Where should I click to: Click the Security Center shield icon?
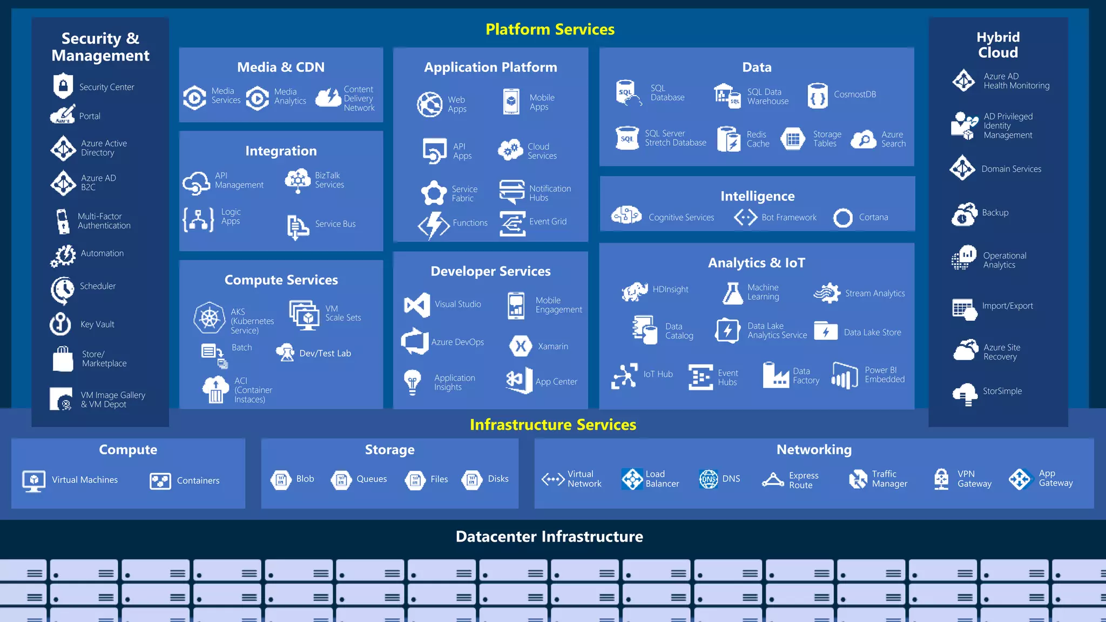[x=63, y=86]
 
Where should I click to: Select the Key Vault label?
[x=97, y=324]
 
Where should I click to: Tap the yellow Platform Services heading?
[x=550, y=29]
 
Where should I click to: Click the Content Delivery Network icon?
[x=328, y=98]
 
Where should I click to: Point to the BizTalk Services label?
[x=329, y=180]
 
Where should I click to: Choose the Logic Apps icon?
[x=198, y=219]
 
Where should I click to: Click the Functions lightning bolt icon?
[x=433, y=224]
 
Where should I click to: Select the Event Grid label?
[x=548, y=221]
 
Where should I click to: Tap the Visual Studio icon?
[x=417, y=305]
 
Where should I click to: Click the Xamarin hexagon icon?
[x=521, y=346]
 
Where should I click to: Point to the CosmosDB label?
[x=855, y=94]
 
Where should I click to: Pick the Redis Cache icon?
[x=729, y=139]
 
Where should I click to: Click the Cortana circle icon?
[x=842, y=218]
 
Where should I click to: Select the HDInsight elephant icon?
[x=635, y=291]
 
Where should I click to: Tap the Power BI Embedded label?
[x=885, y=375]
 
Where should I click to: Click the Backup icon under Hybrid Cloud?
[x=964, y=214]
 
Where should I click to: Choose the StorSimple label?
[x=1002, y=391]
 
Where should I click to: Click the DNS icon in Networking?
[x=709, y=479]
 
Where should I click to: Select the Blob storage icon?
[x=281, y=479]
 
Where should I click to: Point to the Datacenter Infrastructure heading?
[x=549, y=536]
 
